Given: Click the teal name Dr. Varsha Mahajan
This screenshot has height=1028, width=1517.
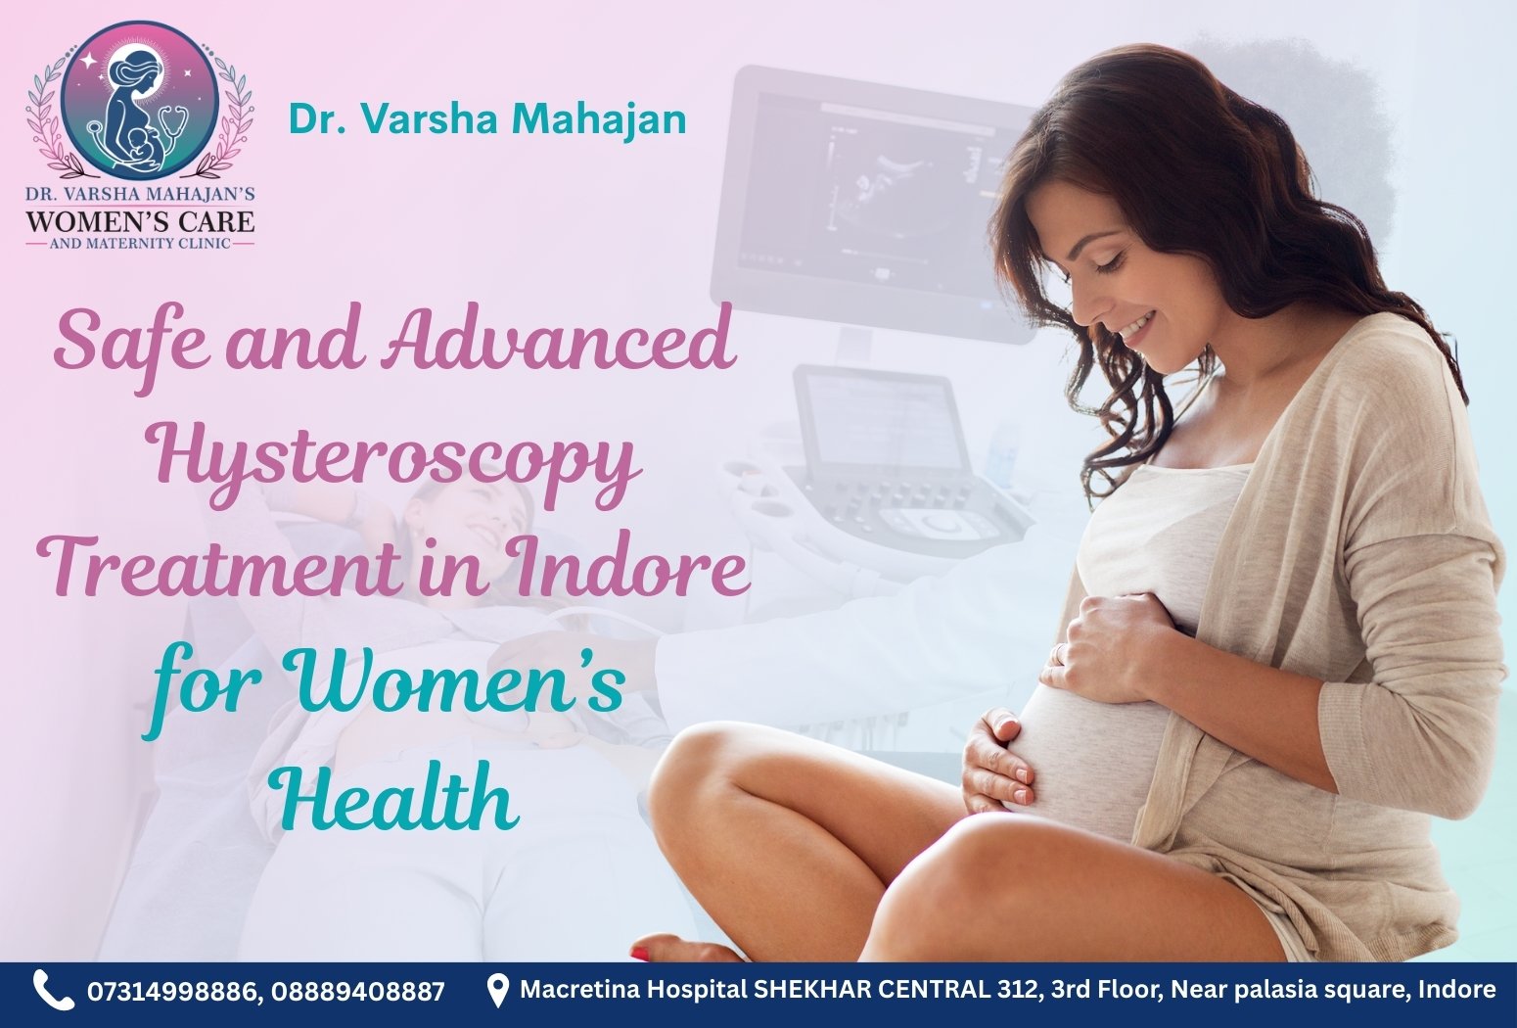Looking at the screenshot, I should click(486, 119).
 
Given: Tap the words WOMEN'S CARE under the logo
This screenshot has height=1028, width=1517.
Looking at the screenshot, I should click(140, 218).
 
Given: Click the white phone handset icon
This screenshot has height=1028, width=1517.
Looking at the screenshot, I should click(53, 990).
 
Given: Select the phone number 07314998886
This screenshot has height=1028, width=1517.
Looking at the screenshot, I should click(172, 992).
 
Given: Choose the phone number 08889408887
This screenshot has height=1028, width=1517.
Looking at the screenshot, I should click(358, 992).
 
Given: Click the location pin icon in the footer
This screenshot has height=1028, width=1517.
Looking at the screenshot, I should click(498, 990).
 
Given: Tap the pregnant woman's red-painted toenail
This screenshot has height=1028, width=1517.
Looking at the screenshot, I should click(640, 953).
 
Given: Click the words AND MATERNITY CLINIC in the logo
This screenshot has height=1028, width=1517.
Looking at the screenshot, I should click(140, 243).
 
